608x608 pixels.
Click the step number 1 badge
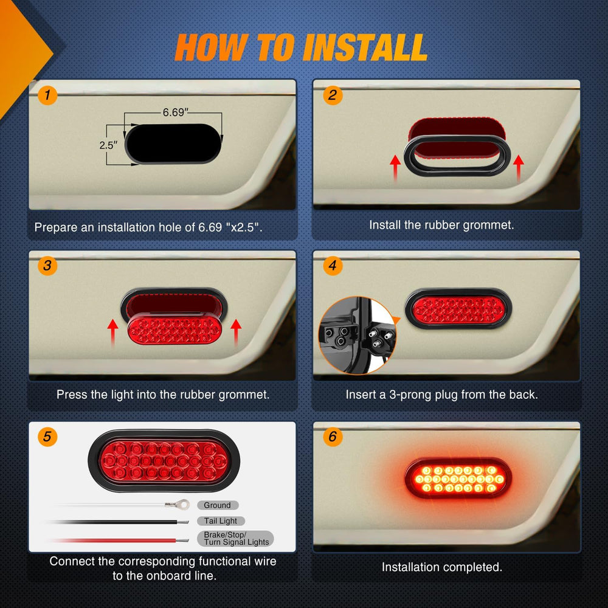[47, 95]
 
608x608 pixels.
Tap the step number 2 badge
[332, 95]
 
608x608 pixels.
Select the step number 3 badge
[47, 266]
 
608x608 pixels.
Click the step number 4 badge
[332, 266]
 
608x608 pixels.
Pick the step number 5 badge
[47, 437]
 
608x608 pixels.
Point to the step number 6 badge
[332, 437]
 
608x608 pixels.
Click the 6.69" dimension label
[174, 112]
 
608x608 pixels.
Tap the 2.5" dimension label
[108, 146]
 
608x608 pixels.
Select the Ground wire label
[217, 505]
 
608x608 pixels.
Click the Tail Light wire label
[221, 521]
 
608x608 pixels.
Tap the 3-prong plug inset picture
[358, 335]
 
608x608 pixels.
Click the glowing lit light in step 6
[458, 478]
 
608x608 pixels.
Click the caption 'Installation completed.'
[442, 567]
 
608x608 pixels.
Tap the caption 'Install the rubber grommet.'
[441, 224]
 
